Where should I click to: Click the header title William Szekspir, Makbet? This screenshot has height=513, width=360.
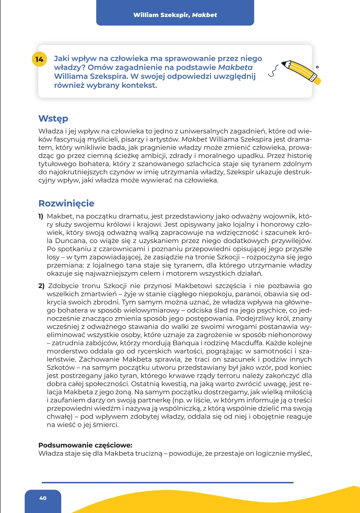tap(175, 15)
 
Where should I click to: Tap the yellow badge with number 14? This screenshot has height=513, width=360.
tap(40, 59)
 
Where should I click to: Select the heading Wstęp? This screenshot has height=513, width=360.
tap(53, 119)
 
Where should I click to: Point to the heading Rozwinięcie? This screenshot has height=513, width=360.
tap(66, 203)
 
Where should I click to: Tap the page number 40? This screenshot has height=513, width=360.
tap(43, 498)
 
